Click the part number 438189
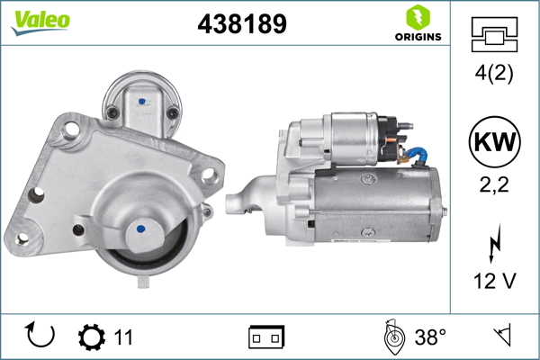241,24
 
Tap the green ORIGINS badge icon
417,16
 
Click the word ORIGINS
417,37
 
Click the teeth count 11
123,337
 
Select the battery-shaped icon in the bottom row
266,337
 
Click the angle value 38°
430,337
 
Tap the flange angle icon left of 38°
392,337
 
